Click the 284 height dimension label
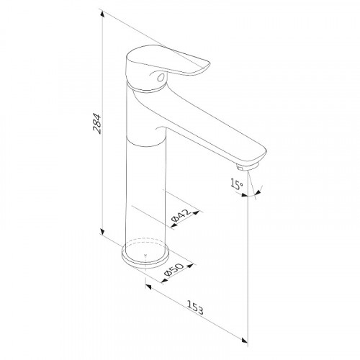(x=97, y=123)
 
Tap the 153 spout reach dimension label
(x=195, y=307)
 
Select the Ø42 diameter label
(x=181, y=215)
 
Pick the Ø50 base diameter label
(x=174, y=269)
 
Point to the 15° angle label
(x=237, y=184)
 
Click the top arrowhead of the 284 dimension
(x=102, y=14)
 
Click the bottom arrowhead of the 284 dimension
(x=102, y=231)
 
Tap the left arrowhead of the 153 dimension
(x=148, y=287)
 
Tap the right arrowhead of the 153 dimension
(x=245, y=340)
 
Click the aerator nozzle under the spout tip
(x=247, y=166)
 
